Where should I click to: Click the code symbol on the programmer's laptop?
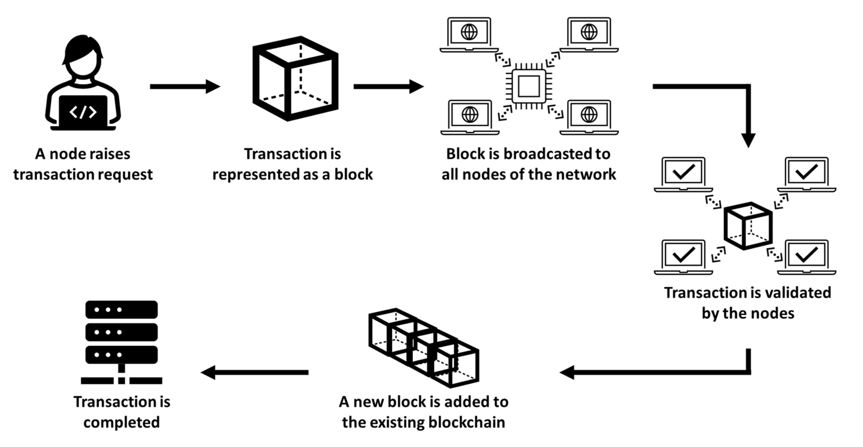(83, 112)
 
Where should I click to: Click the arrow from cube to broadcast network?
(388, 87)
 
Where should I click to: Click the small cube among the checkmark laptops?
(748, 226)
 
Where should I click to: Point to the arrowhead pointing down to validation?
(748, 140)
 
